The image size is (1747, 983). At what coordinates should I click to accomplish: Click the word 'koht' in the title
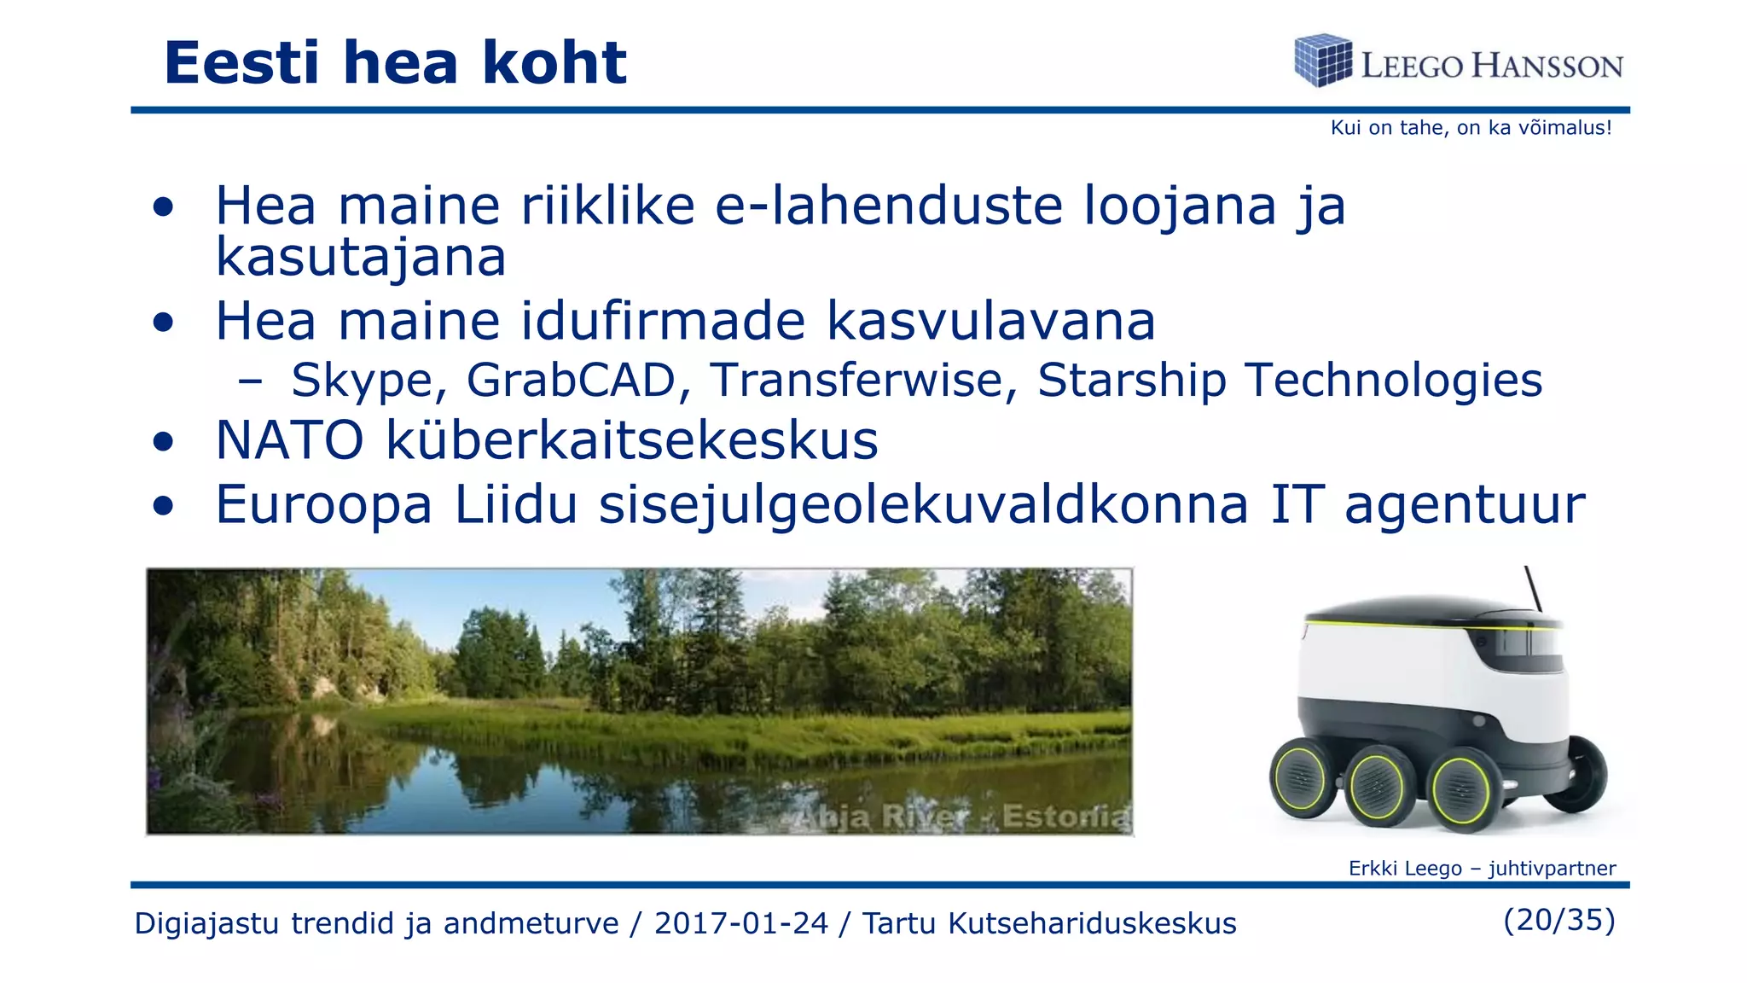click(554, 63)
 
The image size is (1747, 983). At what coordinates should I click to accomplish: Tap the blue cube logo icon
click(1322, 61)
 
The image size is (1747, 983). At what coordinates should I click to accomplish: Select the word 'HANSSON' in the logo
click(1547, 66)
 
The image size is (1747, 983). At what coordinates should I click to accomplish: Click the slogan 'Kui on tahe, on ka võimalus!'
click(1471, 128)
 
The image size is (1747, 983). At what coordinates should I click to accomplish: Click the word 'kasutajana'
click(361, 257)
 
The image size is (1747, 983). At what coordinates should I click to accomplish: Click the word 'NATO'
click(290, 441)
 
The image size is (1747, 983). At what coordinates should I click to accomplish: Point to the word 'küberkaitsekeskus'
click(631, 441)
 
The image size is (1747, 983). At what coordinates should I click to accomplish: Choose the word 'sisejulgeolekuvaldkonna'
click(923, 505)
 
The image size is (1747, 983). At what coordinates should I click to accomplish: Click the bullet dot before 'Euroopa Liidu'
click(164, 505)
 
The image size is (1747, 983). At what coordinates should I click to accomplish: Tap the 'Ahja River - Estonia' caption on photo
click(960, 817)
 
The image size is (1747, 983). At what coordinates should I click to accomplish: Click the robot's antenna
click(1533, 589)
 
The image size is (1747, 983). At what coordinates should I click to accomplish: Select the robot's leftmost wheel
click(1301, 778)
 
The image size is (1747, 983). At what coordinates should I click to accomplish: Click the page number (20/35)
click(1558, 920)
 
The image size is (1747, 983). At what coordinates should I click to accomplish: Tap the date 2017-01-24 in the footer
click(740, 923)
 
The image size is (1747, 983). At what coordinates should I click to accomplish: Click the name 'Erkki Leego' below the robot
click(1404, 869)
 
